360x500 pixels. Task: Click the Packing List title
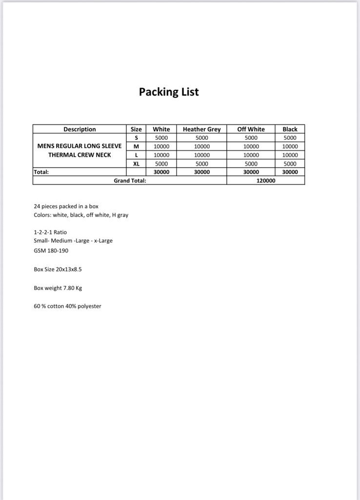pyautogui.click(x=169, y=92)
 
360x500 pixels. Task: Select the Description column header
pyautogui.click(x=80, y=129)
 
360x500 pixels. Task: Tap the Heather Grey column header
pyautogui.click(x=201, y=129)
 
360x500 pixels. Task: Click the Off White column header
pyautogui.click(x=251, y=129)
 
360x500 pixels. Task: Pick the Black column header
pyautogui.click(x=290, y=129)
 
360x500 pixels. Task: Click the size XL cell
pyautogui.click(x=137, y=164)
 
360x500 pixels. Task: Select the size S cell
pyautogui.click(x=137, y=138)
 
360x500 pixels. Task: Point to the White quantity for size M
pyautogui.click(x=161, y=146)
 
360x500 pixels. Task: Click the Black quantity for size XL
pyautogui.click(x=290, y=164)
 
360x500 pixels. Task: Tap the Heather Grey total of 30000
pyautogui.click(x=201, y=172)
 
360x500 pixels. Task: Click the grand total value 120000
pyautogui.click(x=266, y=180)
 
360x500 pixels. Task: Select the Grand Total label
pyautogui.click(x=130, y=180)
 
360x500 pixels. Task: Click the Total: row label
pyautogui.click(x=41, y=172)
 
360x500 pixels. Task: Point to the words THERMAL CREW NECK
pyautogui.click(x=80, y=155)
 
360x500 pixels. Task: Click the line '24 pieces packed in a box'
pyautogui.click(x=66, y=206)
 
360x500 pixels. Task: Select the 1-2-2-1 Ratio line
pyautogui.click(x=50, y=232)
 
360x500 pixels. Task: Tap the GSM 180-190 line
pyautogui.click(x=51, y=250)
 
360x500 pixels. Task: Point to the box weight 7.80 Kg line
pyautogui.click(x=58, y=288)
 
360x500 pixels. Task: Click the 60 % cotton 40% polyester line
pyautogui.click(x=67, y=306)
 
